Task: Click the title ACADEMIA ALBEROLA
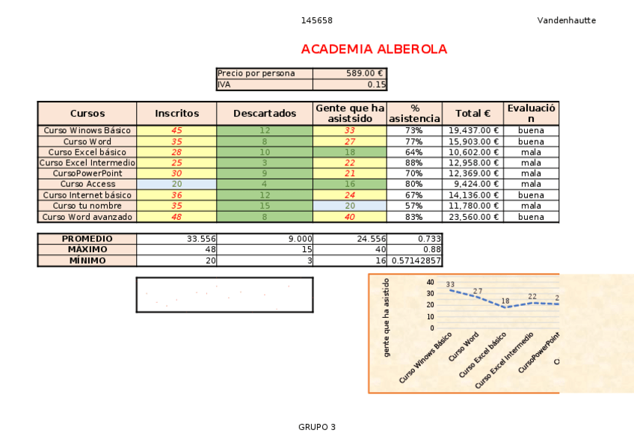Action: [x=374, y=49]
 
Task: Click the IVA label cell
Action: [x=265, y=85]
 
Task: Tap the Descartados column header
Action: [x=265, y=114]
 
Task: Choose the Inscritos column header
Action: [x=177, y=114]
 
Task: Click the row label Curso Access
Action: [x=87, y=184]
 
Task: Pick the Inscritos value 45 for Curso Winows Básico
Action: [x=177, y=131]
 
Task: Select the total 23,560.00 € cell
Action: [x=473, y=217]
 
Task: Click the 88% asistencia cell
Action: [x=414, y=163]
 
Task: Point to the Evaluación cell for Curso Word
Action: [x=531, y=141]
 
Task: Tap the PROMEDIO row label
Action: [x=87, y=239]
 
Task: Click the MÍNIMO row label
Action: [x=87, y=261]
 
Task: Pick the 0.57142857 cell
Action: [x=416, y=261]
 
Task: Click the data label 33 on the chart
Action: [x=450, y=284]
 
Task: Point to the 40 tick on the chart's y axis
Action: [x=430, y=282]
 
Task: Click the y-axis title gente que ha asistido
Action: [x=387, y=317]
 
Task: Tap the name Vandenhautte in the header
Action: [x=566, y=20]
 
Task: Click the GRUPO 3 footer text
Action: [x=317, y=427]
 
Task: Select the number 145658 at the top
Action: [x=317, y=20]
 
